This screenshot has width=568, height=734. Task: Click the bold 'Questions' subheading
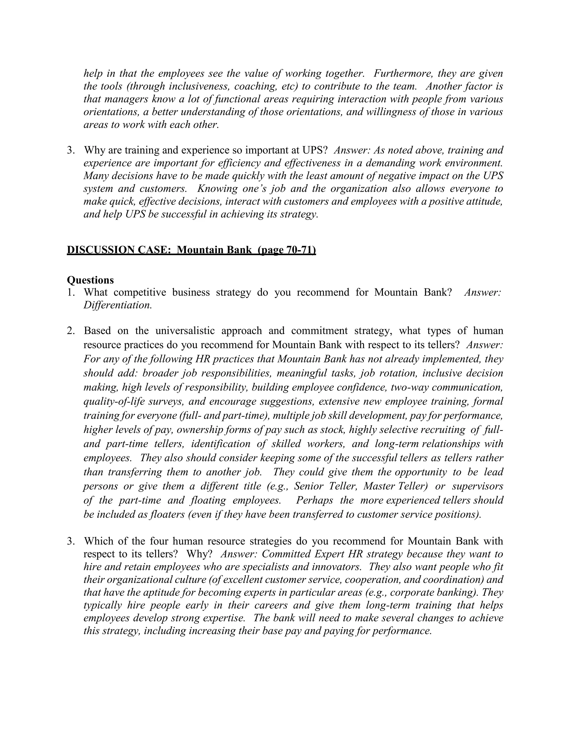90,280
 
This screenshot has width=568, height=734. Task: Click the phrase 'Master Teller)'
396,486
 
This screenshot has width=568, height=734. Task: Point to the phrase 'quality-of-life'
112,401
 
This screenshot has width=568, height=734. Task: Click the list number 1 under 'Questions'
70,292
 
